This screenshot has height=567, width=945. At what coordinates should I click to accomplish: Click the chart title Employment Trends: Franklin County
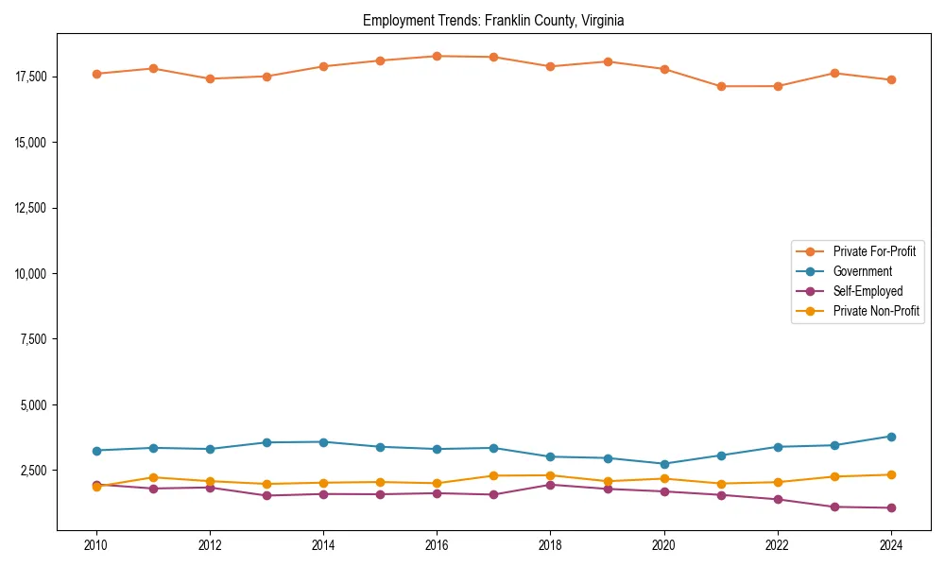coord(493,20)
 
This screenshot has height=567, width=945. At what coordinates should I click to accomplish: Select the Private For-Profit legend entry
coord(873,251)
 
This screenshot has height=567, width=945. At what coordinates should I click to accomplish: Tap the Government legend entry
coord(862,271)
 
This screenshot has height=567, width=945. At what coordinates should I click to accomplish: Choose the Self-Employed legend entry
coord(868,291)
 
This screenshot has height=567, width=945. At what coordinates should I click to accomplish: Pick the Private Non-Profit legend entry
coord(876,311)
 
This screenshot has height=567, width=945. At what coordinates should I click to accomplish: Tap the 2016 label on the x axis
coord(437,545)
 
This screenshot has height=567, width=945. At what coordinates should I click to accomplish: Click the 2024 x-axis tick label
coord(891,545)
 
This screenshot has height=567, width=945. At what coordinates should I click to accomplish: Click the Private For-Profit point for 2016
coord(437,56)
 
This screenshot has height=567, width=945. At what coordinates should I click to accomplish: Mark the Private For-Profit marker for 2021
coord(721,86)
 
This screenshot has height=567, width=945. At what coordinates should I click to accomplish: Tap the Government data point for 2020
coord(664,464)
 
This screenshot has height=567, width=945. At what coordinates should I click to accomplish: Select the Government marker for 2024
coord(891,437)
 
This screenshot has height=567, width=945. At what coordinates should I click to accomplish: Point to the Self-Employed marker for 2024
coord(891,507)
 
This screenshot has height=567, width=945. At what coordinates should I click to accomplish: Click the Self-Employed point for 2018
coord(550,485)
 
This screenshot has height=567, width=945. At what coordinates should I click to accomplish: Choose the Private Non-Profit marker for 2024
coord(891,474)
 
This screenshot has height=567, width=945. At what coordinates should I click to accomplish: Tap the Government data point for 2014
coord(323,442)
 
